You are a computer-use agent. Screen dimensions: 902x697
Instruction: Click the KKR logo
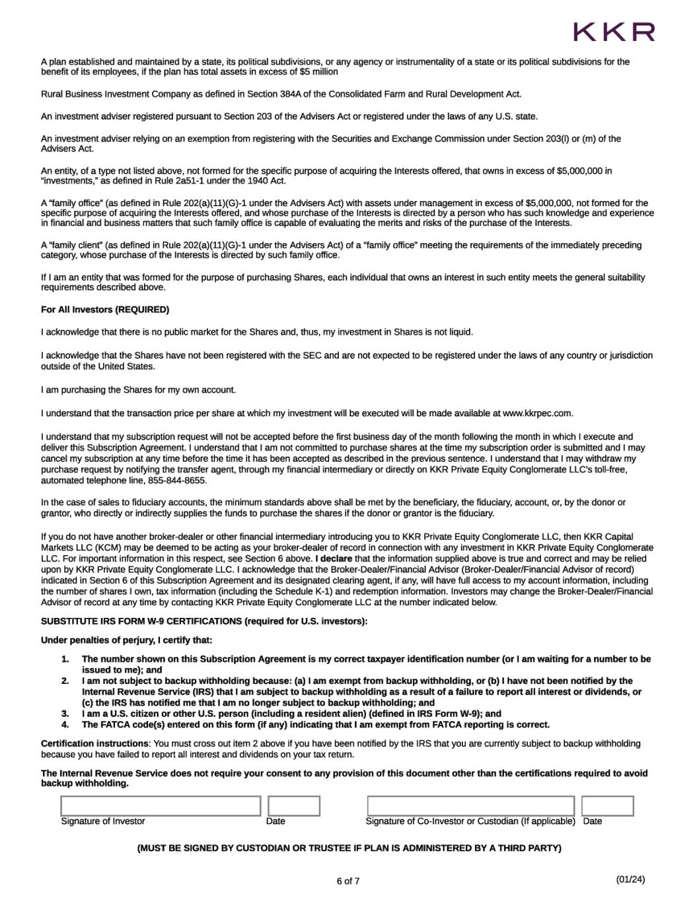tap(614, 32)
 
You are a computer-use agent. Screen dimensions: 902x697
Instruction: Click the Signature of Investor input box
tap(161, 806)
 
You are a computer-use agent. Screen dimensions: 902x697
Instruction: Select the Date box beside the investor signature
tap(294, 806)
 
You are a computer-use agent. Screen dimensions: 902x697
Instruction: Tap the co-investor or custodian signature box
tap(470, 806)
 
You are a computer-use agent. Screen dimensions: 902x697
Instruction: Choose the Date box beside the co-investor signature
tap(607, 806)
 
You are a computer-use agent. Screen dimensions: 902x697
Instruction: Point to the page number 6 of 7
tap(348, 881)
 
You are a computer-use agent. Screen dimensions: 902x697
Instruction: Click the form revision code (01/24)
tap(630, 879)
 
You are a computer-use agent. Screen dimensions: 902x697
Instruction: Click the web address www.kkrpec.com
tap(536, 414)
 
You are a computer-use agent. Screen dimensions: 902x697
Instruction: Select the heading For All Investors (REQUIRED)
tap(105, 310)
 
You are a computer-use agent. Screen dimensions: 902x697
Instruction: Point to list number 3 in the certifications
tap(65, 714)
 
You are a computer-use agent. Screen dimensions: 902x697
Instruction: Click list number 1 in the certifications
tap(65, 659)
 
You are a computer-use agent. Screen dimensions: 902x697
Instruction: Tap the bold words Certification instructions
tap(94, 743)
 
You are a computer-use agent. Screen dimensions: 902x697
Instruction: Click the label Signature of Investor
tap(103, 821)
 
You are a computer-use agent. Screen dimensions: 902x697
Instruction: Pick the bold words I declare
tap(334, 558)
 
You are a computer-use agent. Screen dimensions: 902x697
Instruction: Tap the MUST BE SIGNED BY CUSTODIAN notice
tap(349, 848)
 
